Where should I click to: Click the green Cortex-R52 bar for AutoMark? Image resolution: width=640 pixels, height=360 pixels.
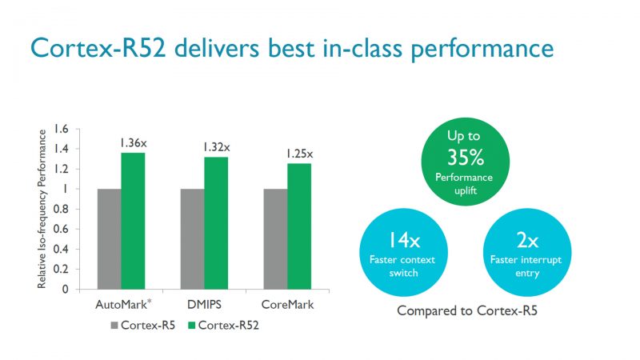click(x=133, y=221)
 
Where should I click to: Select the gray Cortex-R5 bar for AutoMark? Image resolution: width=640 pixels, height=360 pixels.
click(x=110, y=239)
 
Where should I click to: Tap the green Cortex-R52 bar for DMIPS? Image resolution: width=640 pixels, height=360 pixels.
click(x=216, y=223)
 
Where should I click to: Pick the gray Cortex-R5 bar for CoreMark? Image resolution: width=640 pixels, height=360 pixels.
click(x=276, y=239)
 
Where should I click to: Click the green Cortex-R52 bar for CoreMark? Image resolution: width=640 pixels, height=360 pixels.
click(x=299, y=226)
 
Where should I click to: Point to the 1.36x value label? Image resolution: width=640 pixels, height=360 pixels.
click(x=133, y=142)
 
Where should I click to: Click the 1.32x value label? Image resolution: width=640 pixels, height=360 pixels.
click(x=216, y=146)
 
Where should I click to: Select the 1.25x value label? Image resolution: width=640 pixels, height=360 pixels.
click(x=299, y=154)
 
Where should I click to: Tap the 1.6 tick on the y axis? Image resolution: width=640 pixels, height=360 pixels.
click(x=61, y=129)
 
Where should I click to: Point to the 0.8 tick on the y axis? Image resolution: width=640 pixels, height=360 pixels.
click(x=61, y=210)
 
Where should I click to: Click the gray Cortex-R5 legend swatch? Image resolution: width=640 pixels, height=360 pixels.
click(x=114, y=326)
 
